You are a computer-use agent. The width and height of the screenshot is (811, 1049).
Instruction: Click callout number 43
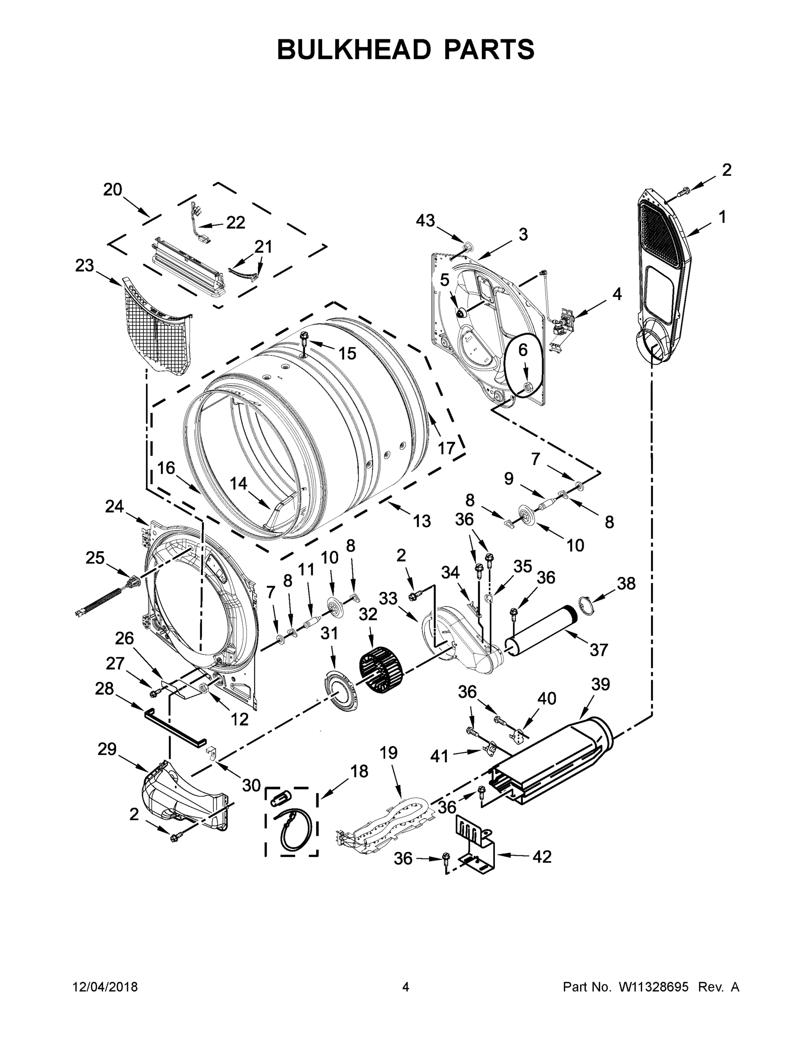(x=425, y=221)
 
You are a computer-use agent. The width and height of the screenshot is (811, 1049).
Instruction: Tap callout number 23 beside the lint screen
(x=84, y=265)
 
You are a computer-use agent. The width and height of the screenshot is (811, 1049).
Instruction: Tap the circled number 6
(x=523, y=350)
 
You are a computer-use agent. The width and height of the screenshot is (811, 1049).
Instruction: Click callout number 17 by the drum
(x=446, y=448)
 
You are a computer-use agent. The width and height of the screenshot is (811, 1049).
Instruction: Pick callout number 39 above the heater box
(x=600, y=684)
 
